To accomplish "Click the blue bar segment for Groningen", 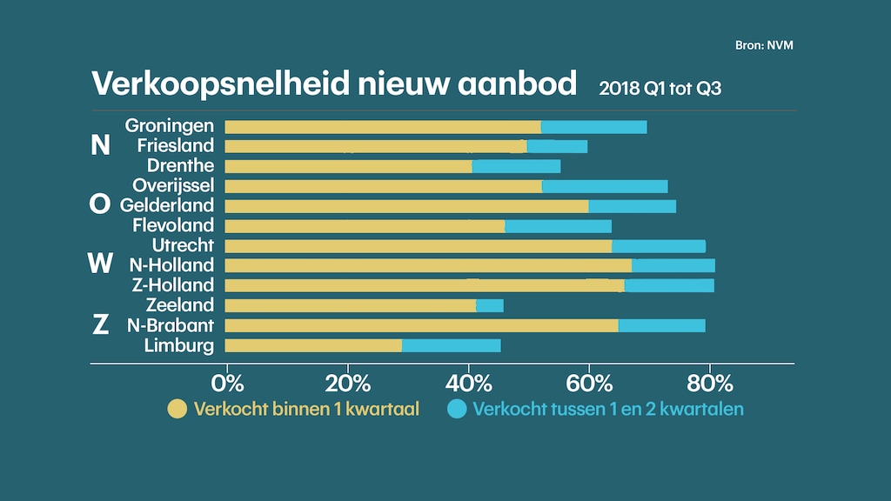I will (593, 127).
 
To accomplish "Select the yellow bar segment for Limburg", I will (313, 345).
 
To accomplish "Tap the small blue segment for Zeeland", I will (490, 305).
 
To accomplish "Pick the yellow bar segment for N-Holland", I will (428, 265).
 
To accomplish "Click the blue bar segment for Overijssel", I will (605, 186).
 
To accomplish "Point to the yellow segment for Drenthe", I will (348, 166).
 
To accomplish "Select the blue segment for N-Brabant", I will (661, 325).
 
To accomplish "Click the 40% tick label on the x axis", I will (469, 384).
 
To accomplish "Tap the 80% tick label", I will (710, 384).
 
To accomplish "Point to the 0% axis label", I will (228, 384).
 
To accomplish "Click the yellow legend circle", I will (178, 409).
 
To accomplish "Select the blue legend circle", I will (457, 409).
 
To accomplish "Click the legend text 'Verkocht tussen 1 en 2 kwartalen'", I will (608, 409).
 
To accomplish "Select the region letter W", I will (101, 263).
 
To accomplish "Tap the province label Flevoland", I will (173, 226).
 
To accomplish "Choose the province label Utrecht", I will (183, 246).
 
